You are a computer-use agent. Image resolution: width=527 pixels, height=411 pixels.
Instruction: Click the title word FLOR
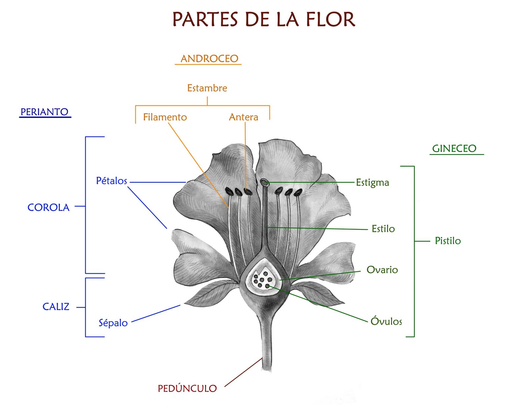tap(330, 19)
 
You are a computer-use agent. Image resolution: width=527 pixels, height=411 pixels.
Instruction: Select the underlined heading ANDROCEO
tap(209, 59)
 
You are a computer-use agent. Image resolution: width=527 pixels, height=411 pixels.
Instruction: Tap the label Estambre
tap(207, 88)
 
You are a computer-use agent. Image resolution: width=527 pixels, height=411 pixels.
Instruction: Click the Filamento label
tap(165, 117)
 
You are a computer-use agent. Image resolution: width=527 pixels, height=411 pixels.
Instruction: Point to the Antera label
tap(243, 117)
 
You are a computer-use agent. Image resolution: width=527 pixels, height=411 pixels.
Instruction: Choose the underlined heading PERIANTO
tap(44, 112)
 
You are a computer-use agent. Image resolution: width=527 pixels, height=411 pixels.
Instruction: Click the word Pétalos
tap(111, 181)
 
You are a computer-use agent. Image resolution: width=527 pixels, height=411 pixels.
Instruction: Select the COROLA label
tap(48, 208)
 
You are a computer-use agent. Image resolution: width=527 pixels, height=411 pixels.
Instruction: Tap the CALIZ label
tap(56, 307)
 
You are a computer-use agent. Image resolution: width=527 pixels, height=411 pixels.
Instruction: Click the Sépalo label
tap(113, 323)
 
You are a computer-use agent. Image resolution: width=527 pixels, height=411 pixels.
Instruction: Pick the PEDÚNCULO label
tap(187, 389)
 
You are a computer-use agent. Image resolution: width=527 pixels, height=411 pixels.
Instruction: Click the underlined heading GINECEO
tap(454, 149)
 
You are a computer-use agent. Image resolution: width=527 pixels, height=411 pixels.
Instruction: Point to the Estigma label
tap(372, 183)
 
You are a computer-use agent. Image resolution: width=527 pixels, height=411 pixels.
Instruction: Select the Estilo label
tap(383, 229)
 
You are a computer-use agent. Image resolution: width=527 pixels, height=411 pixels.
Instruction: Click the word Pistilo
tap(448, 241)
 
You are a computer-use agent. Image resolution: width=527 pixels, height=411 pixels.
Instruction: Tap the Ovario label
tap(382, 270)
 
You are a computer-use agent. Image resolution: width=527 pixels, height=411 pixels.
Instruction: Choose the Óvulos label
tap(386, 321)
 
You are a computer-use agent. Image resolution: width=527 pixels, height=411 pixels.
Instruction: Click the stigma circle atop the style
tap(264, 182)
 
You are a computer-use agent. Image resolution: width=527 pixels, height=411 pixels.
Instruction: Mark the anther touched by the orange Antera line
tap(248, 191)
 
